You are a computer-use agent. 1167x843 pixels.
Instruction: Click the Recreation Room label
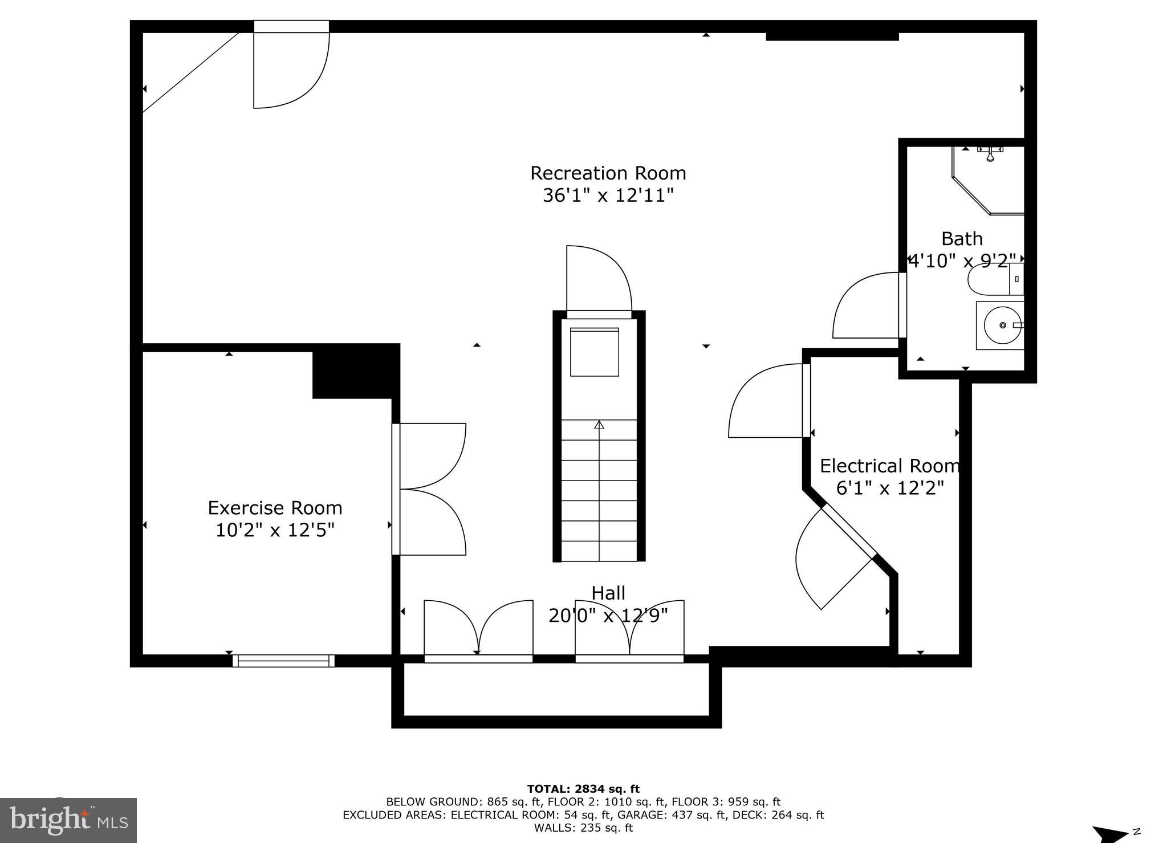pyautogui.click(x=608, y=173)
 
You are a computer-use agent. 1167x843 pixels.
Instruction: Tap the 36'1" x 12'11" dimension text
pyautogui.click(x=608, y=196)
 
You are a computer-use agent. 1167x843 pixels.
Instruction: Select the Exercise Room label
pyautogui.click(x=275, y=508)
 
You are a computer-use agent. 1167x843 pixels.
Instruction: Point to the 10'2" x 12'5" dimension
pyautogui.click(x=275, y=531)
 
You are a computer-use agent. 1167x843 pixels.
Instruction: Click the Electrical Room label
pyautogui.click(x=889, y=466)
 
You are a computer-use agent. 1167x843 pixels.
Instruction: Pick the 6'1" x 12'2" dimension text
pyautogui.click(x=889, y=488)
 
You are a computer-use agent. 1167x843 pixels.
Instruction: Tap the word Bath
pyautogui.click(x=962, y=238)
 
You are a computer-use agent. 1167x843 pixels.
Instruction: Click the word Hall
pyautogui.click(x=608, y=593)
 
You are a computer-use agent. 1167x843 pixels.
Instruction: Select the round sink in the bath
pyautogui.click(x=1002, y=325)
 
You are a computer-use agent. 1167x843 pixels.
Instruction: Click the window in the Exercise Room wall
pyautogui.click(x=283, y=661)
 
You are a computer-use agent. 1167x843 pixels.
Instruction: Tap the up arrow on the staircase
pyautogui.click(x=599, y=425)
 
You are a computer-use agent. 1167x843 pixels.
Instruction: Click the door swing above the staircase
pyautogui.click(x=599, y=279)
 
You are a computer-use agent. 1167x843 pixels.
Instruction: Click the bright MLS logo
pyautogui.click(x=68, y=820)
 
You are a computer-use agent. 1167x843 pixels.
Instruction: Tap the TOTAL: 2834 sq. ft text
pyautogui.click(x=583, y=789)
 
